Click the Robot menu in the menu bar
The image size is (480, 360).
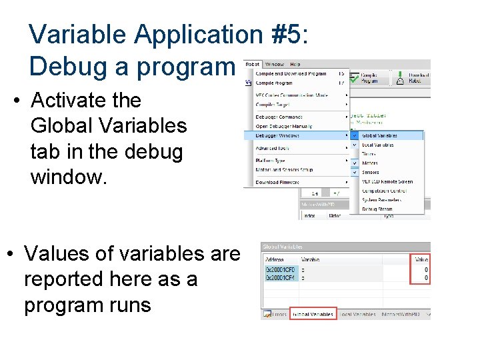pos(252,64)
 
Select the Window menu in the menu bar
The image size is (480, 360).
pos(273,64)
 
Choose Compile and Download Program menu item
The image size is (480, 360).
pos(291,73)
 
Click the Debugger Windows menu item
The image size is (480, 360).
pos(277,135)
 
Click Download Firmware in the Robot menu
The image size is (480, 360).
pos(277,182)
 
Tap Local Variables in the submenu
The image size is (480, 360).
pos(379,145)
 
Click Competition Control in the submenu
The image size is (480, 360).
pos(381,191)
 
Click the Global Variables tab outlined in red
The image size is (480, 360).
pos(313,314)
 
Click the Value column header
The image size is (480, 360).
pos(421,259)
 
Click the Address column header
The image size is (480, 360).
pos(274,259)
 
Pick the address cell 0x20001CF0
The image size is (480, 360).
pos(279,269)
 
